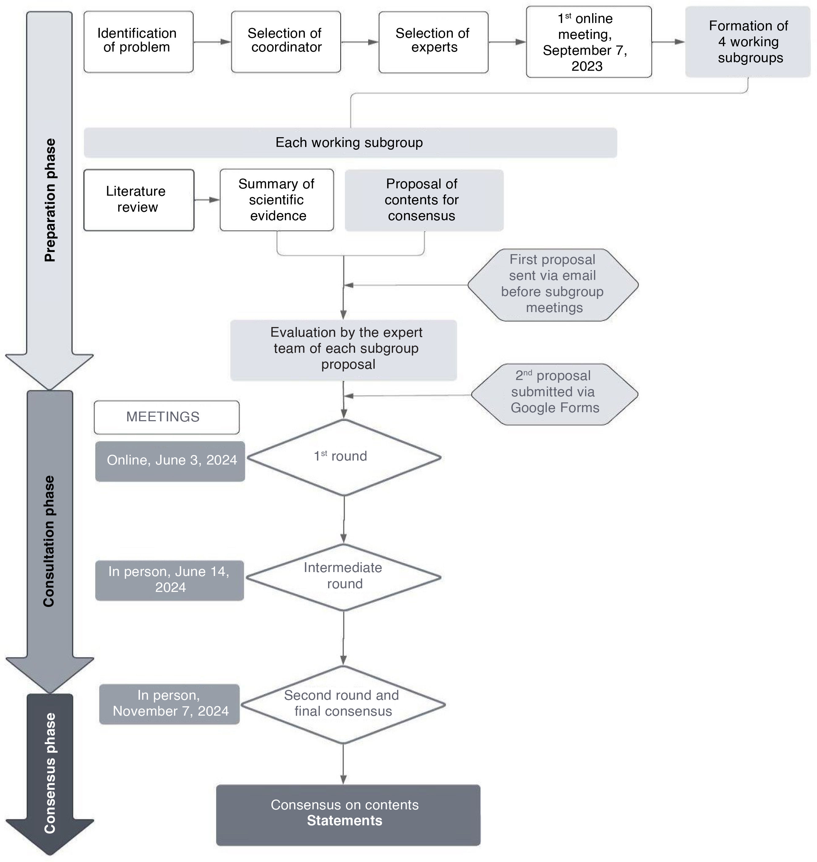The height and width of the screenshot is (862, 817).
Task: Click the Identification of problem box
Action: [x=138, y=42]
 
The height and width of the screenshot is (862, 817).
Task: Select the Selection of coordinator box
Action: [x=286, y=42]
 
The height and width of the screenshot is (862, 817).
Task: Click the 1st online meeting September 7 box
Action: [x=588, y=42]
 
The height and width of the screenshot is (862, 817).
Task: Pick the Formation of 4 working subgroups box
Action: [x=747, y=42]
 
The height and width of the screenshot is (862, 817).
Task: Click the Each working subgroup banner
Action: [x=350, y=142]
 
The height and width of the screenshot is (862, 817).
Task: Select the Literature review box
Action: [x=138, y=200]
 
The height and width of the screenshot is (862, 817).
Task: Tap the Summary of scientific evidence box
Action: [x=277, y=200]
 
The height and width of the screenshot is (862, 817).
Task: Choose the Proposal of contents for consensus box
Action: [x=424, y=200]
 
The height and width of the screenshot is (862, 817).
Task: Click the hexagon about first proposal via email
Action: [x=553, y=285]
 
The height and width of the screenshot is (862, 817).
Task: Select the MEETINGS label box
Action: [x=166, y=417]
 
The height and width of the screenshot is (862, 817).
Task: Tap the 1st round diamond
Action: [x=344, y=457]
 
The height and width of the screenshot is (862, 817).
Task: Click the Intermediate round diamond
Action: [x=344, y=577]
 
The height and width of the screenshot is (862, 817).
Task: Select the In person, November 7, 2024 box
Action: [x=169, y=704]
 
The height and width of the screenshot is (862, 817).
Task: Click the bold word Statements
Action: [x=345, y=820]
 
